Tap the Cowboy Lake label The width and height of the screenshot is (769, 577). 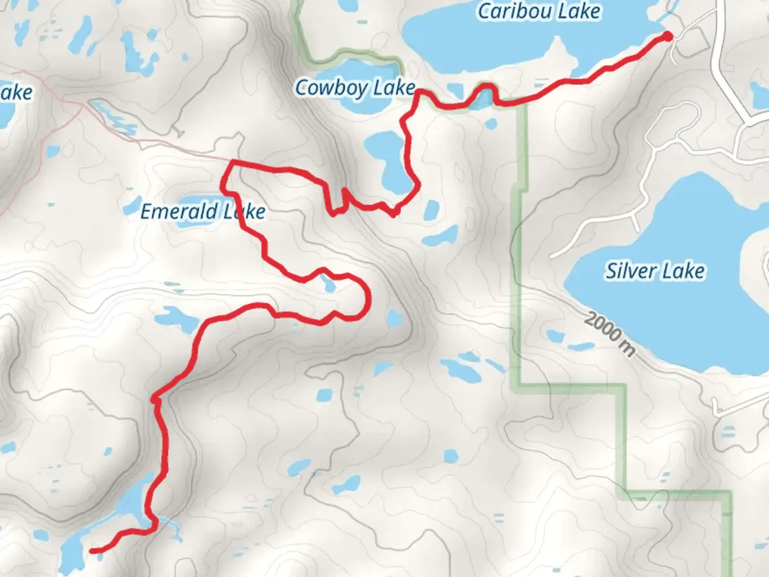(x=355, y=88)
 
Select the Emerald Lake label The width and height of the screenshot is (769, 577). (x=203, y=212)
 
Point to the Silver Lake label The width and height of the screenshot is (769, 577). (x=655, y=271)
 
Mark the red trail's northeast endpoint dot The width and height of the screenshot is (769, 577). (x=668, y=36)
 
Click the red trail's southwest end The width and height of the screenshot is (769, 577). (x=92, y=551)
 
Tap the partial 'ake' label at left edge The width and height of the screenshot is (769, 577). (x=16, y=93)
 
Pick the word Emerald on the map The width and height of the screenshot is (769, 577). (x=179, y=212)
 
